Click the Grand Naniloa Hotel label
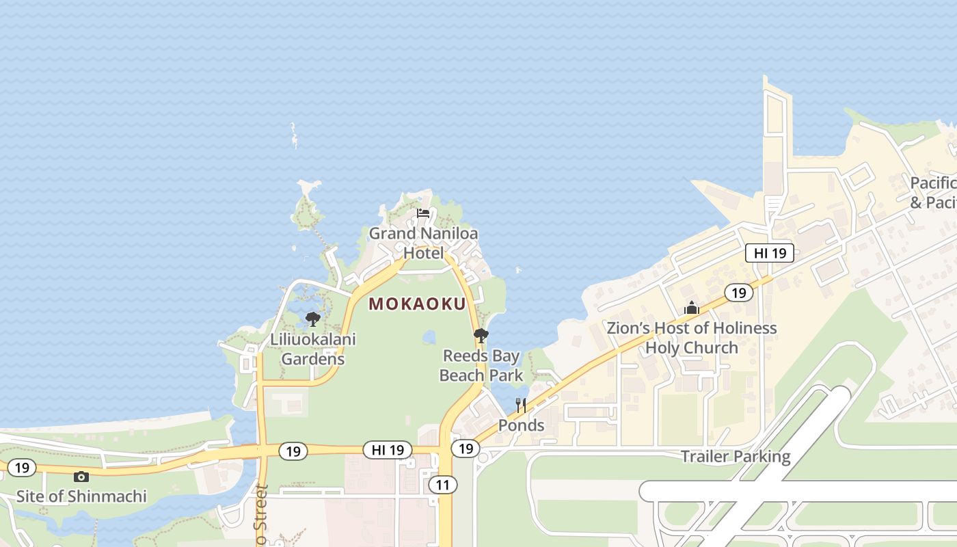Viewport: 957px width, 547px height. pos(423,243)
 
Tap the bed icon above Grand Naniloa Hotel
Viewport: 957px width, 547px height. pos(423,213)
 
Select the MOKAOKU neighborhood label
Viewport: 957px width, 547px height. pos(417,304)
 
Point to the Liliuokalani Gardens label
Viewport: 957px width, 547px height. pos(313,349)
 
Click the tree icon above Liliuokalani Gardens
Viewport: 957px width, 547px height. pos(313,319)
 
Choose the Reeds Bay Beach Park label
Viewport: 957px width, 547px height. pos(481,365)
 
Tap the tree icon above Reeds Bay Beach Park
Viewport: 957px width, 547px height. pos(481,335)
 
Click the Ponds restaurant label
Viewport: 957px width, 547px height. pos(521,425)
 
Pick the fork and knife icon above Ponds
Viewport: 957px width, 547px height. pos(521,405)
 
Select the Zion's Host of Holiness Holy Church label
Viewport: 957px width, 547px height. pos(692,338)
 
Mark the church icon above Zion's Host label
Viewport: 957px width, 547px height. pos(692,308)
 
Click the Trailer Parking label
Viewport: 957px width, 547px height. pos(736,456)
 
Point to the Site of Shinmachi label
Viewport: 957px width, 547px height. pos(81,496)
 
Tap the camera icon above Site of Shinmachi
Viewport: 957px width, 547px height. pos(81,477)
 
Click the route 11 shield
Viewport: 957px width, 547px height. pos(443,485)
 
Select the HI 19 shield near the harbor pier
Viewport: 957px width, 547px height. pos(770,253)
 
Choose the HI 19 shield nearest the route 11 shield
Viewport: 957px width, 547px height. pos(388,450)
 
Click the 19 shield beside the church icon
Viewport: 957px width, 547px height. pos(738,293)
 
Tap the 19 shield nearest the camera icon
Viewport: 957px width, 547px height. pos(22,468)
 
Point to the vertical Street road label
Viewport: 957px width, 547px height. pos(260,516)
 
